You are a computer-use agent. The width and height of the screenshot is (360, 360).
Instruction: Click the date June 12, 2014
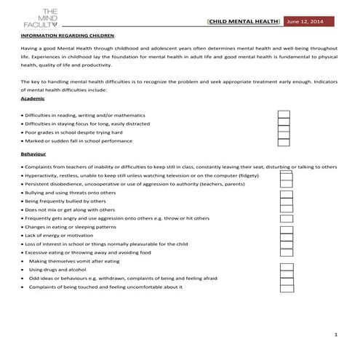click(x=308, y=23)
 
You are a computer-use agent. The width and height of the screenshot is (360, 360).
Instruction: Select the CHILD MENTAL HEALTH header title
click(x=244, y=23)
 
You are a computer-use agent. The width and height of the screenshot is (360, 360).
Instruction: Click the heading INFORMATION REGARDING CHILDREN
click(x=68, y=35)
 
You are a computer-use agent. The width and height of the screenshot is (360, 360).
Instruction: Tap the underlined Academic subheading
click(x=34, y=98)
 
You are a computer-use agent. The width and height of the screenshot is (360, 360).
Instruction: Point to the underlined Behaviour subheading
click(x=34, y=154)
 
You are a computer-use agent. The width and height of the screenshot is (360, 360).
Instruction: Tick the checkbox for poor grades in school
click(x=285, y=133)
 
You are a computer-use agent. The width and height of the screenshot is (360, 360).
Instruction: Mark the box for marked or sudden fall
click(x=285, y=142)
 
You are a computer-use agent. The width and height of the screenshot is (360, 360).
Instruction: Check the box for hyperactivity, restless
click(x=287, y=176)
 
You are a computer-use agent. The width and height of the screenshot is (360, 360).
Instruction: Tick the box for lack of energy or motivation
click(x=287, y=236)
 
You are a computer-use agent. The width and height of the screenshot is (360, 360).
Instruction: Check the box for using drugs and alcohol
click(x=287, y=270)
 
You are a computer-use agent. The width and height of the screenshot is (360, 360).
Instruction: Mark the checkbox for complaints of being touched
click(x=287, y=287)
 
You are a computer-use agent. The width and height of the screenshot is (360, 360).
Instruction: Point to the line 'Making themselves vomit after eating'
click(x=74, y=261)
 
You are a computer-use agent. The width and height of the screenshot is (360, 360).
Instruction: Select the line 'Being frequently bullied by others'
click(x=65, y=201)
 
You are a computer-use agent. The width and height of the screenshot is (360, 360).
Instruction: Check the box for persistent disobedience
click(x=287, y=185)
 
